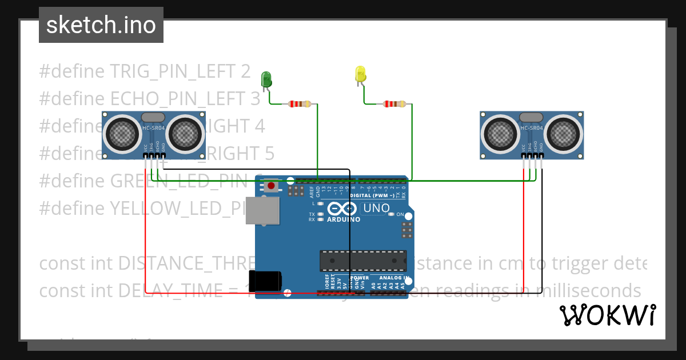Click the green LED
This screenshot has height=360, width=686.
click(266, 79)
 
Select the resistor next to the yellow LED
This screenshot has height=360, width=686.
click(394, 104)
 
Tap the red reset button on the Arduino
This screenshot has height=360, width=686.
click(271, 186)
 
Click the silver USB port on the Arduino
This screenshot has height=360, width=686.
click(262, 210)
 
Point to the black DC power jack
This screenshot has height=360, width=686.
click(268, 281)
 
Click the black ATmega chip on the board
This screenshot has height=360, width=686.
click(363, 261)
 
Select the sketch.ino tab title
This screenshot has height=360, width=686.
click(101, 25)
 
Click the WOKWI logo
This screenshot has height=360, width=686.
click(607, 315)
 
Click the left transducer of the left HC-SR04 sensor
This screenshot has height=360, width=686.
click(122, 134)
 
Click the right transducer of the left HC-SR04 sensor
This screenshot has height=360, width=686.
click(186, 134)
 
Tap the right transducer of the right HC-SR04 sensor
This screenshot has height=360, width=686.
click(564, 134)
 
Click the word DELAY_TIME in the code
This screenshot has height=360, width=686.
click(171, 291)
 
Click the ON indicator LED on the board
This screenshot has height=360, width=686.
click(391, 215)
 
